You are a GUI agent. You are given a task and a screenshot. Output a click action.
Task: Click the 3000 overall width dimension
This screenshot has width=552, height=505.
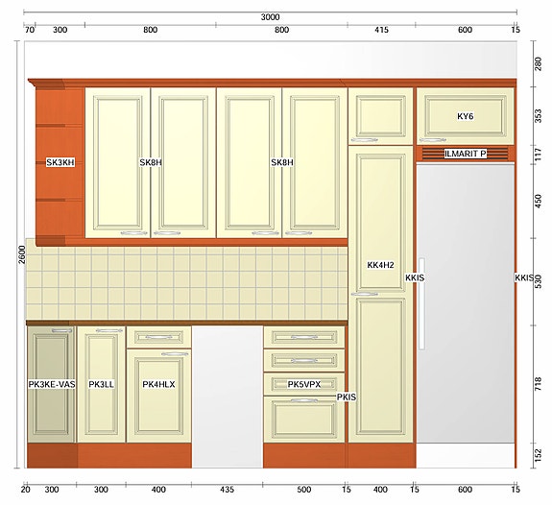(270, 17)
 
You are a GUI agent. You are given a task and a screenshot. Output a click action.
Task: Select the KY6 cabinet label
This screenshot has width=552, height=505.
(465, 116)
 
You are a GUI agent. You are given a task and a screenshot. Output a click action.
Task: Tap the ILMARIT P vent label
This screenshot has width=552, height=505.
(465, 154)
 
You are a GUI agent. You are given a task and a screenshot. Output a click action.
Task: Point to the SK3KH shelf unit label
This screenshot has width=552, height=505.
(60, 162)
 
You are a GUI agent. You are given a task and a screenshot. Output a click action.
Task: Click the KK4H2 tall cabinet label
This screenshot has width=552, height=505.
(380, 265)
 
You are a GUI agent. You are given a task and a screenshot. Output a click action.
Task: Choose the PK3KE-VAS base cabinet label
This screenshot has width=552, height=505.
(52, 384)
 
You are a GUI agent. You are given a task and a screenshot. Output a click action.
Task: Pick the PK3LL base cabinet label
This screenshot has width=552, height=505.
(101, 384)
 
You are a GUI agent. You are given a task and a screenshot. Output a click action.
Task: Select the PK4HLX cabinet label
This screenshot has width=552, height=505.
(158, 384)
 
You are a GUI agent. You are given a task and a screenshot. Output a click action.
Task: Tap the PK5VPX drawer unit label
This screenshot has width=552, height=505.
(304, 384)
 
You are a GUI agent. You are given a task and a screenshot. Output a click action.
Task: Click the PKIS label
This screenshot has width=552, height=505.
(347, 397)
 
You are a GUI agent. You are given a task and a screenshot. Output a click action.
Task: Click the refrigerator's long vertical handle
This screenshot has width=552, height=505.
(421, 303)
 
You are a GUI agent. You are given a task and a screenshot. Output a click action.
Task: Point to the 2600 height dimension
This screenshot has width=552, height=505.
(22, 254)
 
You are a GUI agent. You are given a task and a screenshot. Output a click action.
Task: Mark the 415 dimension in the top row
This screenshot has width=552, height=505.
(381, 30)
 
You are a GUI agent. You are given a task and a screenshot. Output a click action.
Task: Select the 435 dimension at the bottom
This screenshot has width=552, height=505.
(228, 489)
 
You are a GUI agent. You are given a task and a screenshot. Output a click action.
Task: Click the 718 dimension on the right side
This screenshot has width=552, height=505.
(539, 384)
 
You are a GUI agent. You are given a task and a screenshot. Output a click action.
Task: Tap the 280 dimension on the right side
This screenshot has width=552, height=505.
(539, 63)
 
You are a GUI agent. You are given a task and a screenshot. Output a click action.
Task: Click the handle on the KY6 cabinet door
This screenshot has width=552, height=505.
(433, 140)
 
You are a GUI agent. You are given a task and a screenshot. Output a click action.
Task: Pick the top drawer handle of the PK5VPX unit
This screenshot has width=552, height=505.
(304, 337)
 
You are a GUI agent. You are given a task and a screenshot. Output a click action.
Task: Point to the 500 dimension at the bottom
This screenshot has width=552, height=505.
(303, 489)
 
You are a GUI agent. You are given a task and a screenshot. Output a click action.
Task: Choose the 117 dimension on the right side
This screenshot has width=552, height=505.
(539, 155)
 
